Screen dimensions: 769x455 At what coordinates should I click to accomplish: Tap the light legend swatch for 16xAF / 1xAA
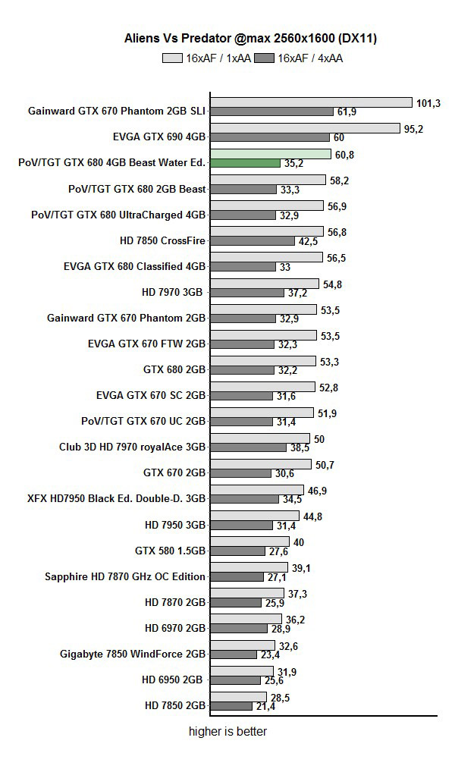[x=172, y=58]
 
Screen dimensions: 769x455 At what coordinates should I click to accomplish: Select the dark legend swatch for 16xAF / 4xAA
[x=265, y=58]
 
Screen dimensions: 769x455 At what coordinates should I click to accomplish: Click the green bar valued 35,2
[x=245, y=163]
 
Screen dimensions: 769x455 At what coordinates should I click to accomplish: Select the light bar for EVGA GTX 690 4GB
[x=305, y=128]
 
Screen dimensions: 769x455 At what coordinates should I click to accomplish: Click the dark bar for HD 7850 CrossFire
[x=253, y=240]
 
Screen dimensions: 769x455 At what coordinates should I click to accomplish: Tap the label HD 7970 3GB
[x=174, y=292]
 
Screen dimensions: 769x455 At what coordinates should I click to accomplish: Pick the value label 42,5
[x=309, y=241]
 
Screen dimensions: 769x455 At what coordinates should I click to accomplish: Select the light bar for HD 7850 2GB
[x=238, y=696]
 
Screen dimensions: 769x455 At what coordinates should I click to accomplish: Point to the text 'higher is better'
[x=227, y=732]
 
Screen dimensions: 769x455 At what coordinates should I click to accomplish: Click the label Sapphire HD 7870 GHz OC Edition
[x=125, y=576]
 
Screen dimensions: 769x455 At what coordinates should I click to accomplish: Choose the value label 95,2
[x=413, y=129]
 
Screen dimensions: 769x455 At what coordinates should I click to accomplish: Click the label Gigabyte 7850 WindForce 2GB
[x=133, y=654]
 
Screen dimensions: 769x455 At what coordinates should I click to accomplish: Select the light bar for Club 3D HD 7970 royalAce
[x=260, y=438]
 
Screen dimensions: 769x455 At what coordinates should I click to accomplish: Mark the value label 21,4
[x=265, y=706]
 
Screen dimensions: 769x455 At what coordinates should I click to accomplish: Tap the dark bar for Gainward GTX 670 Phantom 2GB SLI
[x=271, y=111]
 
